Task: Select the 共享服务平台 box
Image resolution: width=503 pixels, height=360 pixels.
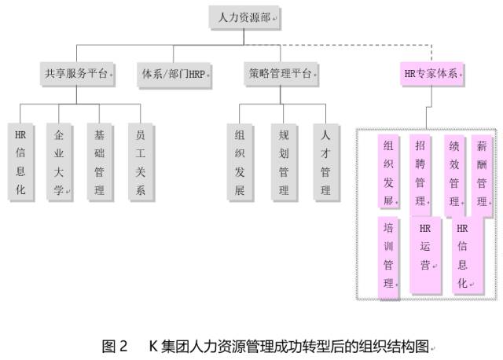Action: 75,75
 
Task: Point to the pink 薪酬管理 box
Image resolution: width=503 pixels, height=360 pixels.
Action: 482,173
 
